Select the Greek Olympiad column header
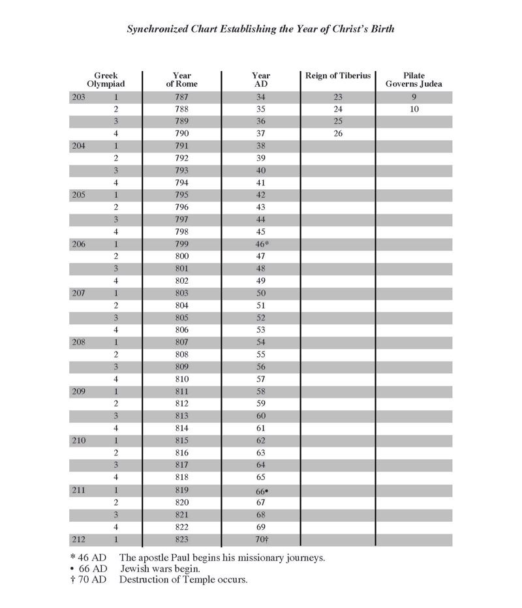coord(106,80)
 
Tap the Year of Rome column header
coord(181,80)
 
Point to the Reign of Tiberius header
coord(337,76)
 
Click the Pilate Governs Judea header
coord(414,80)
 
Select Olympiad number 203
coord(78,97)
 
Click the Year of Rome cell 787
coord(181,97)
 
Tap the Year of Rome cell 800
coord(181,256)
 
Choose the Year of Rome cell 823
coord(181,540)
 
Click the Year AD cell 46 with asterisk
coord(262,244)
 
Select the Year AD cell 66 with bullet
coord(262,490)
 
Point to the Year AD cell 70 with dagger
coord(262,540)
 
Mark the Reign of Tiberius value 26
coord(338,134)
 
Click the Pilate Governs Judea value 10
coord(414,110)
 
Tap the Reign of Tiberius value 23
coord(338,97)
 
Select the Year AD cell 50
coord(260,294)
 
